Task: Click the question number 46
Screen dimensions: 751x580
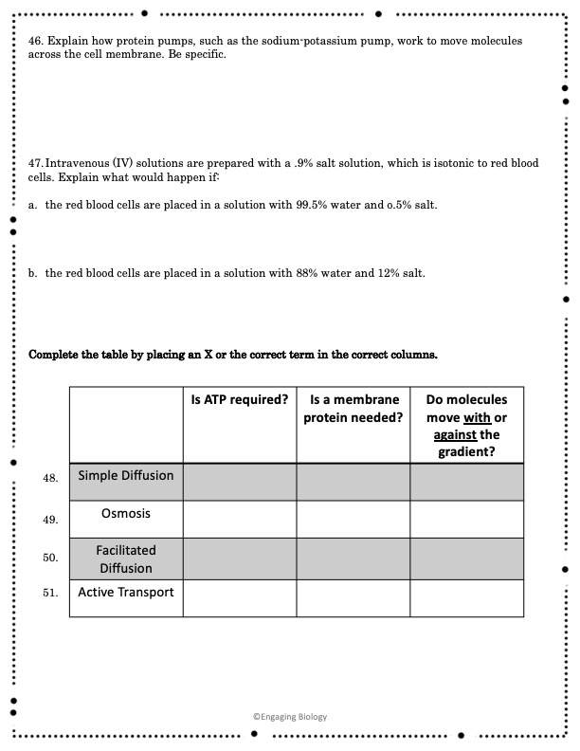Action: (38, 43)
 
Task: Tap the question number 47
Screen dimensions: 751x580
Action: (37, 164)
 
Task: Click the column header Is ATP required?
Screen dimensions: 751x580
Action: (240, 400)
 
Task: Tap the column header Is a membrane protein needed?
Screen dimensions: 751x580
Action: (353, 409)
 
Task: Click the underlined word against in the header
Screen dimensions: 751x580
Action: (453, 434)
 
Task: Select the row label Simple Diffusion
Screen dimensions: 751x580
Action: (126, 475)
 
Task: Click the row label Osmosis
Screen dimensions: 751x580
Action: (126, 513)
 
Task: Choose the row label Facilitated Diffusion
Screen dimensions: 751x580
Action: (126, 559)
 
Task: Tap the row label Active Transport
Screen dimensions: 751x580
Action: (126, 593)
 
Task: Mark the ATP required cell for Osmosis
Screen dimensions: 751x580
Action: (240, 519)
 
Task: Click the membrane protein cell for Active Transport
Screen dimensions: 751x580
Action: (353, 598)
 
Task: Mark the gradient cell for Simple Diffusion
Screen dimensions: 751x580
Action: (466, 482)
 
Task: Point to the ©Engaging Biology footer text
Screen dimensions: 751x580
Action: (289, 717)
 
